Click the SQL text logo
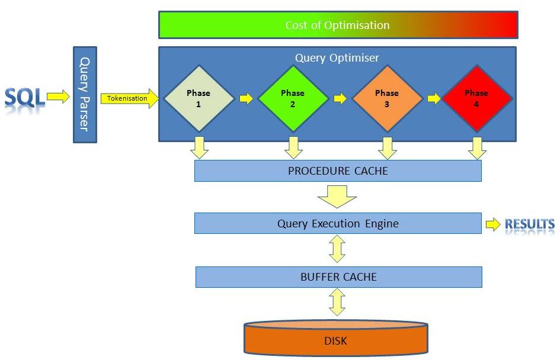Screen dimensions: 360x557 point(25,98)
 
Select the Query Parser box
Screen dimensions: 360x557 point(85,95)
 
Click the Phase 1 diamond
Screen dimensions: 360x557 point(198,98)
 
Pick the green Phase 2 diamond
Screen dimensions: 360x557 point(293,98)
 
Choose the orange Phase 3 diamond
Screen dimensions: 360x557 point(387,98)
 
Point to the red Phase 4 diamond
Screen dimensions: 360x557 point(477,98)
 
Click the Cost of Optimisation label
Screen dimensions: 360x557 point(338,25)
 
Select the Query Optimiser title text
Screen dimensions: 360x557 point(337,58)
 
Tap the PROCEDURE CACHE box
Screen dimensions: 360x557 point(338,171)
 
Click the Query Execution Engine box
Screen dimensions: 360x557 point(338,224)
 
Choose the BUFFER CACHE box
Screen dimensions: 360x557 point(338,277)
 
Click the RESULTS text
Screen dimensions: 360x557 point(529,224)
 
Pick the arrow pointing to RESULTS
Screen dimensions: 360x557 point(493,224)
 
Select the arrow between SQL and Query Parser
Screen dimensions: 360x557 point(58,98)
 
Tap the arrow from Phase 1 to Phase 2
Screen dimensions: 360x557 point(246,98)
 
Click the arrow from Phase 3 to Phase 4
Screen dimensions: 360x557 point(434,98)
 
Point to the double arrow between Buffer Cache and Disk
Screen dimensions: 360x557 point(337,303)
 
